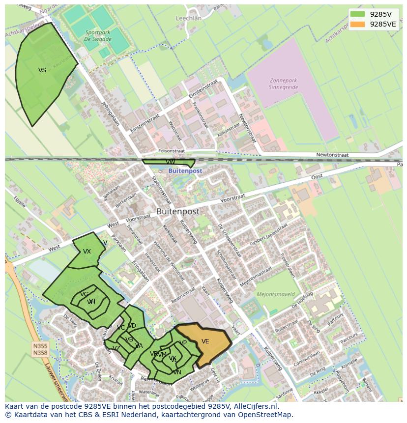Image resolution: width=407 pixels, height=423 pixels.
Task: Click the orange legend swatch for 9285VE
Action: pos(358,24)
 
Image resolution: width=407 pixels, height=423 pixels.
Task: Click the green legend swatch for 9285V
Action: pos(358,14)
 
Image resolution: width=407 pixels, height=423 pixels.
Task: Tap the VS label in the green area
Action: pos(42,70)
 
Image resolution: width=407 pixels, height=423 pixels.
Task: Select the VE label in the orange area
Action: pos(205,341)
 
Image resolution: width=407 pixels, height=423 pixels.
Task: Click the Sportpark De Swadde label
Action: pos(97,35)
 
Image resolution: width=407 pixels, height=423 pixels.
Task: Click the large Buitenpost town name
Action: pos(178,211)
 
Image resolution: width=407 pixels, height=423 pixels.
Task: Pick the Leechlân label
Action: pos(189,18)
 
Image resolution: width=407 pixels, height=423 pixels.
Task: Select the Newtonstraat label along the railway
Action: pos(332,155)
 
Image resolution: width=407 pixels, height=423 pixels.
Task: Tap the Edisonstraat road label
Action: pos(172,151)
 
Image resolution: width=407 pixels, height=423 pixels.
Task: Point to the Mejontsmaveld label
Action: pos(276,295)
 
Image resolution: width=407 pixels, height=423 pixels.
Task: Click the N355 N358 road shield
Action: pos(40,349)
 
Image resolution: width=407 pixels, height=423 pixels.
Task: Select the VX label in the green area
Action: pos(87,252)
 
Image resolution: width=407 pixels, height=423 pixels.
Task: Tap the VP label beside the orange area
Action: pos(183,343)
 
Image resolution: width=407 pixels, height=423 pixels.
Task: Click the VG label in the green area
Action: pos(85,294)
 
